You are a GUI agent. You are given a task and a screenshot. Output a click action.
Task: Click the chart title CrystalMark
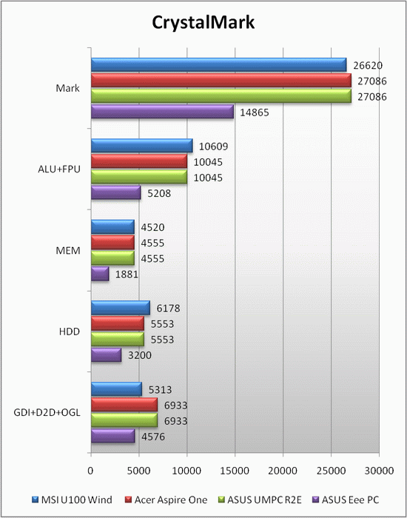pos(203,23)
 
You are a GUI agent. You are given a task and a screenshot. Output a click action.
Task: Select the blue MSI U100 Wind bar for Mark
pos(219,65)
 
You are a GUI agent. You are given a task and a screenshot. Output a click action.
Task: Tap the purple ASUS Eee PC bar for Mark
pos(162,112)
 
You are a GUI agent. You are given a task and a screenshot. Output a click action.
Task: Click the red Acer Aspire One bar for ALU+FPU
pos(139,161)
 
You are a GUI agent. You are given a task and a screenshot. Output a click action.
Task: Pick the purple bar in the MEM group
pos(100,275)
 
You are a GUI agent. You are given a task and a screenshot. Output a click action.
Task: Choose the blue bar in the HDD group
pos(120,308)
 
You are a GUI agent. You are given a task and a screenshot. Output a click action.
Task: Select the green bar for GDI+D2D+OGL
pos(124,420)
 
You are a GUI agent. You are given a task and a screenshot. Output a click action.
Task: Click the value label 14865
pos(255,112)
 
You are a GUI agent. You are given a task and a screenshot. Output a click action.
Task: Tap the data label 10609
pos(213,147)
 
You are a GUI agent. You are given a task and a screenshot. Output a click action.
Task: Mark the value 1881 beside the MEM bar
pos(127,275)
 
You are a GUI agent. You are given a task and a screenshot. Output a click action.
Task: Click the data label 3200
pos(140,355)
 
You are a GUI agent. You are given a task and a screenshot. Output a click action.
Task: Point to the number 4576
pos(153,437)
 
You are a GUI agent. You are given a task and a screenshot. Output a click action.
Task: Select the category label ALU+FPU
pos(59,169)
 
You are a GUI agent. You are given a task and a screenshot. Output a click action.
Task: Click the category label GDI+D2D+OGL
pos(47,413)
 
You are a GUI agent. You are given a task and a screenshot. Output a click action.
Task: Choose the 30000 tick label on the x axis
pos(379,471)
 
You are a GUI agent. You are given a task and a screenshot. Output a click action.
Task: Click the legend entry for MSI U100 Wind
pos(73,499)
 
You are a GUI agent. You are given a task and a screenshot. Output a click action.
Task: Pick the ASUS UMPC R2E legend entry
pos(260,499)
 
